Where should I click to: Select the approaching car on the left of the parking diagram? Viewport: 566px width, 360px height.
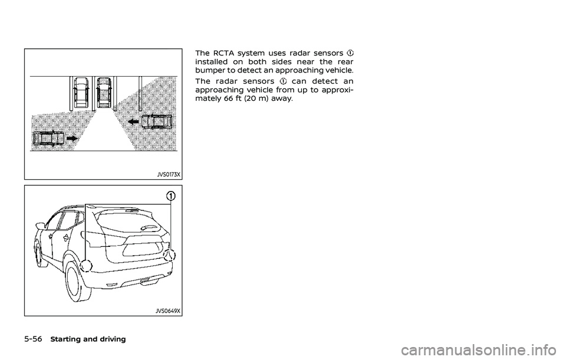point(49,139)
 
